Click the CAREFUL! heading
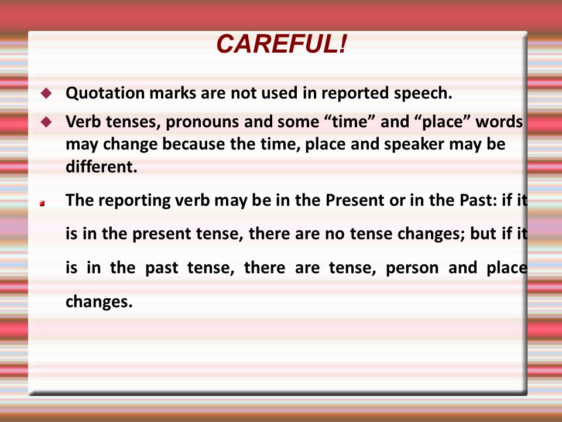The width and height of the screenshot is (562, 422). coord(282,44)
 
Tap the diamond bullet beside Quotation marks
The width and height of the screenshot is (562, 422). coord(46,93)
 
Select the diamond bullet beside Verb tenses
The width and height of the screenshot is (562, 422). coord(46,122)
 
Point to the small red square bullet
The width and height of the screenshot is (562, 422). coord(42,203)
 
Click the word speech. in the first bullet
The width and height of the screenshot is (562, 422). coord(423,94)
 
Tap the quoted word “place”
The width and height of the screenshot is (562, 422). coord(441,122)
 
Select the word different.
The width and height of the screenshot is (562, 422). coord(101,166)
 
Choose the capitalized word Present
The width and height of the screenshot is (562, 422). coord(355,200)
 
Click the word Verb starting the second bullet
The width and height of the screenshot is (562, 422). coord(83,122)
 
